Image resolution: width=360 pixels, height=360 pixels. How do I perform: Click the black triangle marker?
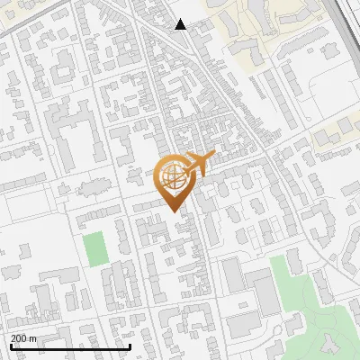coord(181,24)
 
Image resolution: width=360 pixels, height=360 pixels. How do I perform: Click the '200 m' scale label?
coord(24,337)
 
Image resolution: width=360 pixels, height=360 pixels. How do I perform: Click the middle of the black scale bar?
coord(70,346)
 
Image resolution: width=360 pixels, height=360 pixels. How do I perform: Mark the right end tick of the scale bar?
coord(130,345)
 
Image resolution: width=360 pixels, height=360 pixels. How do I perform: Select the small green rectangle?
coord(94,248)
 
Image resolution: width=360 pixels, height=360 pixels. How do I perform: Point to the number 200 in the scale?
coord(19,337)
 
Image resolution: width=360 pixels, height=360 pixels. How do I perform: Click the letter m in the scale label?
coord(34,337)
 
